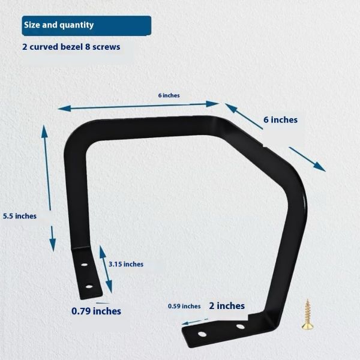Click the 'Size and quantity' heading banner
click(86, 25)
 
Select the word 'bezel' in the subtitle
click(71, 47)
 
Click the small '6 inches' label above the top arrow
click(169, 95)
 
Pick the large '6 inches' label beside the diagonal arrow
click(280, 119)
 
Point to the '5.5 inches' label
click(20, 216)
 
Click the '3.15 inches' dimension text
click(126, 264)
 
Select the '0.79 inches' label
click(96, 311)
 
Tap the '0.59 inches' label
click(184, 306)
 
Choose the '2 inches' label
click(227, 306)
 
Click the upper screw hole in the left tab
click(84, 265)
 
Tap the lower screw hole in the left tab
click(89, 287)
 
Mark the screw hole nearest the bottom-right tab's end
click(202, 334)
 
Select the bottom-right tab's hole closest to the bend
click(240, 326)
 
